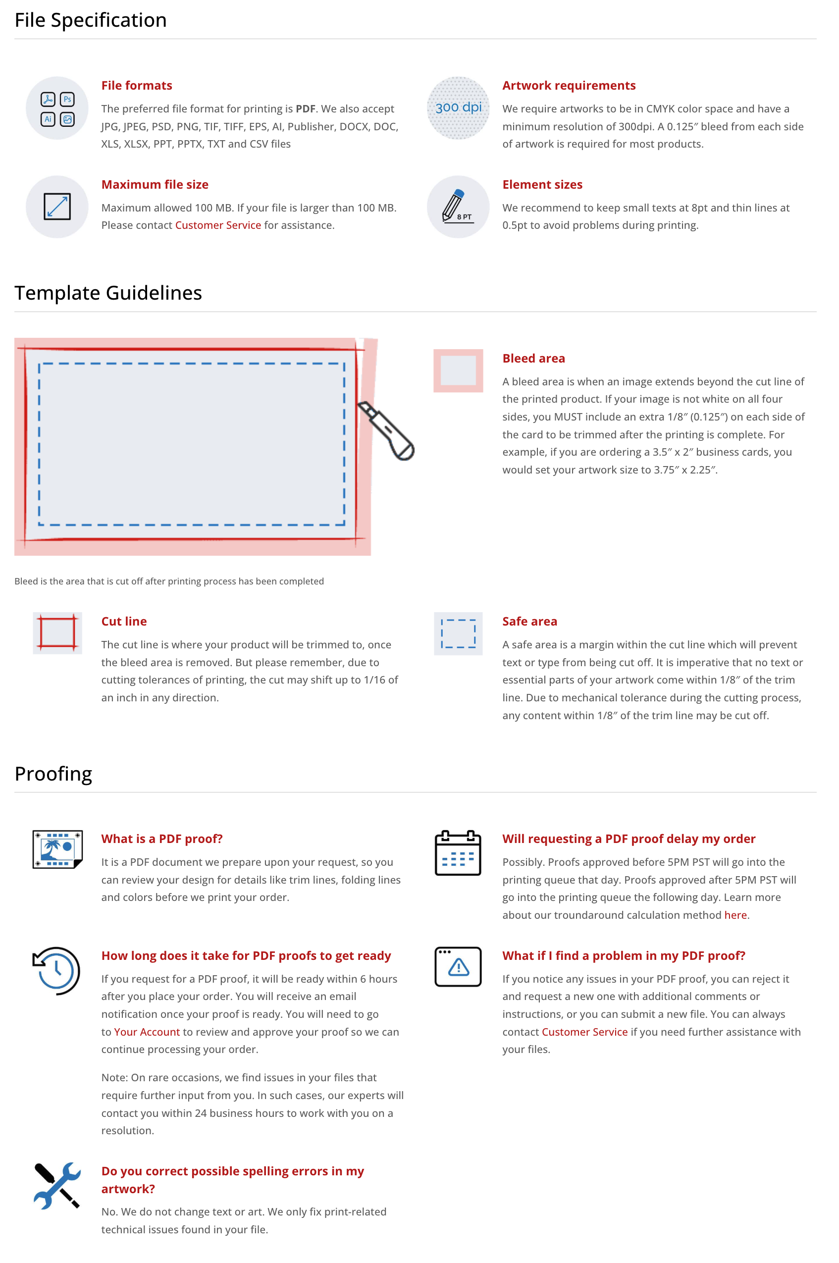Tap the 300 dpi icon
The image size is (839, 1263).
(x=458, y=107)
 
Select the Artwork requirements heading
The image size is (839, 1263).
(x=568, y=86)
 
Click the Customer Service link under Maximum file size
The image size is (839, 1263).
(x=218, y=225)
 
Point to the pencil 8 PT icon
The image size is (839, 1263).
(x=458, y=207)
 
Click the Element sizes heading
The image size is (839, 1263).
(x=542, y=185)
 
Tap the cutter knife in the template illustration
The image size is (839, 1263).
(x=386, y=430)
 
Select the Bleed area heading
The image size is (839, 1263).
(x=533, y=359)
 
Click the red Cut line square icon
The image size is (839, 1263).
(x=57, y=633)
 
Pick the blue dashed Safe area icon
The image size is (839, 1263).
(x=458, y=633)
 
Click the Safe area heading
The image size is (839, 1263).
(x=529, y=621)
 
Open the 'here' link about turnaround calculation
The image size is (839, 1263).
(x=735, y=915)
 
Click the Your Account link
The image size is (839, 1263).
(x=147, y=1032)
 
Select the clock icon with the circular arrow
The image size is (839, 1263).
(x=57, y=970)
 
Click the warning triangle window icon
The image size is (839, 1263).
(x=458, y=967)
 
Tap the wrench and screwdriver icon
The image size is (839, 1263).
(x=57, y=1185)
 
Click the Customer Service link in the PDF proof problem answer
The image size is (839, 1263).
(x=584, y=1032)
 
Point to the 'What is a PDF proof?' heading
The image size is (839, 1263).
(x=161, y=839)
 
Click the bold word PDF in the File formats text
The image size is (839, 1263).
(x=305, y=108)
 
